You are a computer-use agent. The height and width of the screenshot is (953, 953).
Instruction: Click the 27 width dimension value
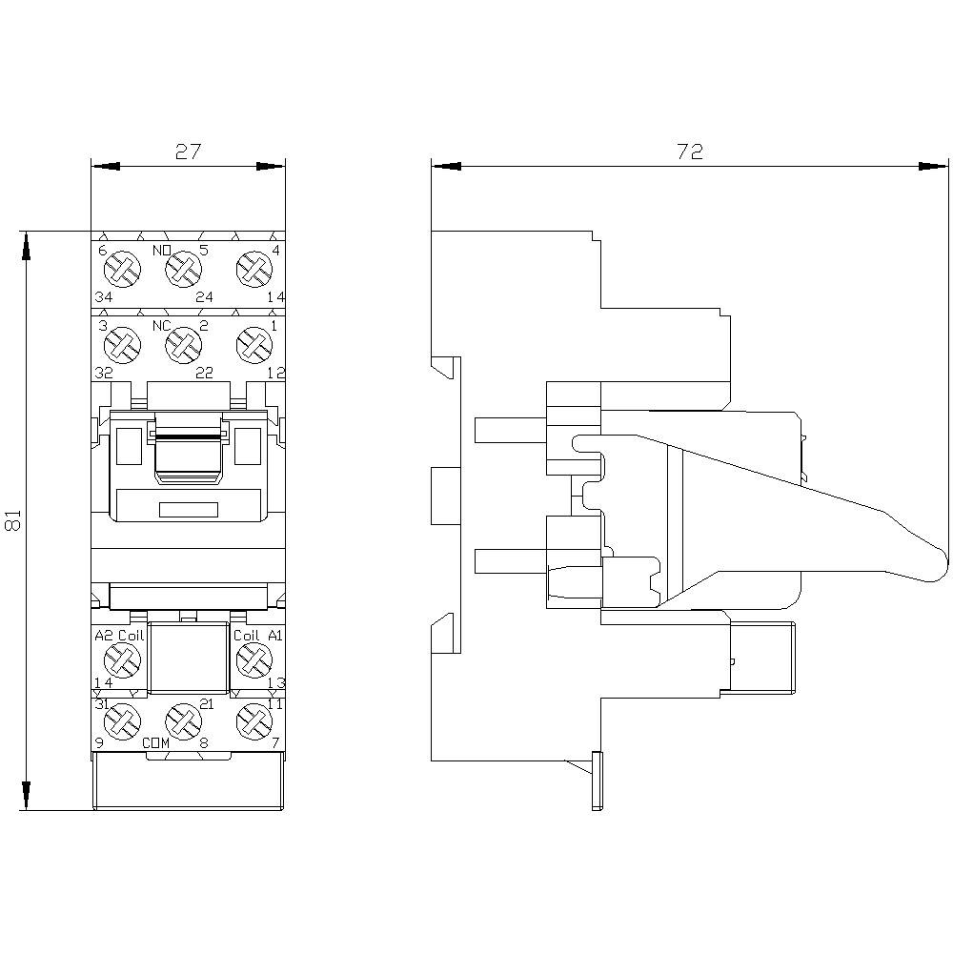(x=188, y=152)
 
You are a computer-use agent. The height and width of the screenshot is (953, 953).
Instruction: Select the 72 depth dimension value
(x=689, y=152)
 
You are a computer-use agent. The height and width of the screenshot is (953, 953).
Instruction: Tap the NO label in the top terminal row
(x=162, y=252)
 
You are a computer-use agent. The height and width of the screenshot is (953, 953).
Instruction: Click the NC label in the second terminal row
(x=162, y=326)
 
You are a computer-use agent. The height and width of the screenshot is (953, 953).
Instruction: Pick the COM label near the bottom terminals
(x=156, y=742)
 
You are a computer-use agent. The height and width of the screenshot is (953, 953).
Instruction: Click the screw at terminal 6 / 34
(x=121, y=271)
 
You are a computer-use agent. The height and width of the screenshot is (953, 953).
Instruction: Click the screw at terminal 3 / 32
(x=121, y=344)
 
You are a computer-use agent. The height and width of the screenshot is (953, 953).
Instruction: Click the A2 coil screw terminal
(x=121, y=657)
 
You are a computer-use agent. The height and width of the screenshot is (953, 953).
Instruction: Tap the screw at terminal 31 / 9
(x=121, y=721)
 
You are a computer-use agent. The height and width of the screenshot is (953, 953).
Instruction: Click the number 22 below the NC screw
(x=204, y=373)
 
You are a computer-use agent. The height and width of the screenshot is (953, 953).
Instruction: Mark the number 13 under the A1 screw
(x=276, y=682)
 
